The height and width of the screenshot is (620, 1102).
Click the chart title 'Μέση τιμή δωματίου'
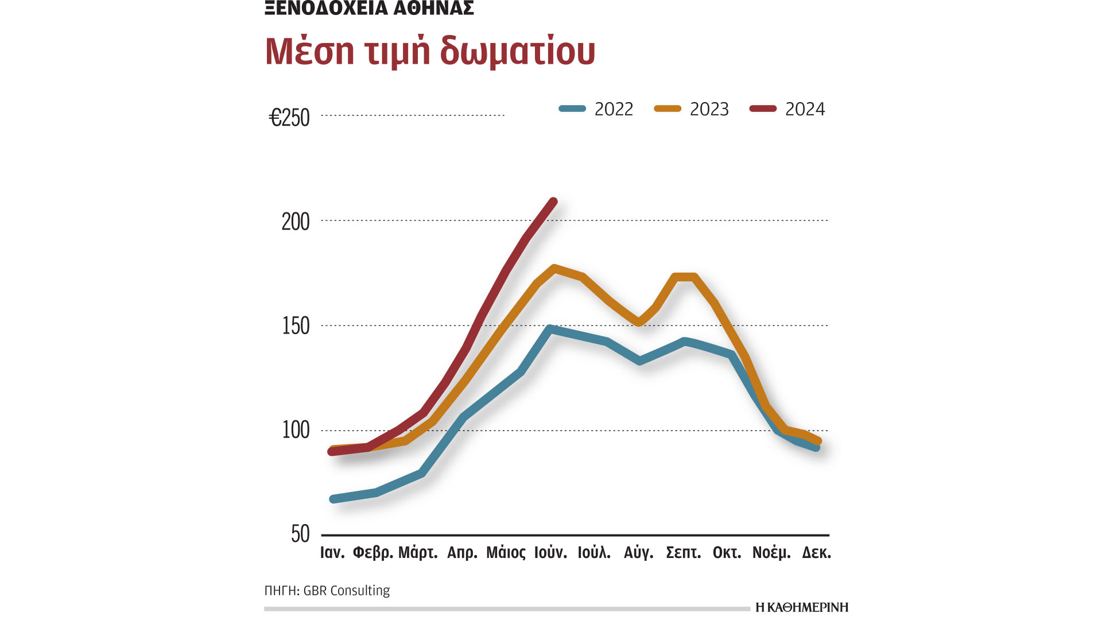click(430, 52)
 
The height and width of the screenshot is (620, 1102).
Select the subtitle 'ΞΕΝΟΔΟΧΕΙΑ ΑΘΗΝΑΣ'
click(369, 8)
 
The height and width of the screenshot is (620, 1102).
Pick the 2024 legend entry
click(787, 109)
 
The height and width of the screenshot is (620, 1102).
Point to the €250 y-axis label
click(289, 118)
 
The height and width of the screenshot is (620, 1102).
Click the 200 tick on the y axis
click(295, 222)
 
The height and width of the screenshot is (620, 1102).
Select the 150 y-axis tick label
click(295, 326)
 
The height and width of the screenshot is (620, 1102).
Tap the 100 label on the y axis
click(295, 430)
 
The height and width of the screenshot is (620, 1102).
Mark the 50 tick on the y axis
click(300, 534)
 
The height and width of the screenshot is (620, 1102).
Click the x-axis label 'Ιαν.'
click(332, 553)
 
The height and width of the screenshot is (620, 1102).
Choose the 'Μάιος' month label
click(506, 553)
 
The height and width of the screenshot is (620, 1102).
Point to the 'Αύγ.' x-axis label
click(638, 553)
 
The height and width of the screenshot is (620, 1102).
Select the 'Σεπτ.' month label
click(683, 553)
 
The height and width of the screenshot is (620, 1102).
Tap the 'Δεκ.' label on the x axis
click(816, 553)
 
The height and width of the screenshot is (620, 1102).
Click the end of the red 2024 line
click(553, 201)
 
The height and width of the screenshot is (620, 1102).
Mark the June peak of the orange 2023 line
click(554, 268)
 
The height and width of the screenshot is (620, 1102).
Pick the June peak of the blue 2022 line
click(550, 329)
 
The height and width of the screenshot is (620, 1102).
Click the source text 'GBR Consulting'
click(346, 591)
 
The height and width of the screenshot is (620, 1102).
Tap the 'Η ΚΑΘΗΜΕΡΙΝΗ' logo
click(801, 607)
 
